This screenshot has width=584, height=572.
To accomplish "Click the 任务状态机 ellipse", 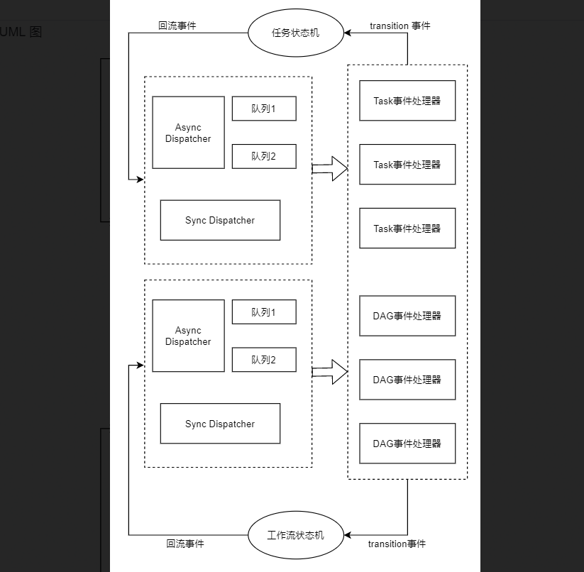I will coord(296,33).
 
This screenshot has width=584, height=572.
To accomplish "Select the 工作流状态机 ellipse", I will coord(296,534).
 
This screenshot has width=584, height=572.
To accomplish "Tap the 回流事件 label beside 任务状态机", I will coord(177,26).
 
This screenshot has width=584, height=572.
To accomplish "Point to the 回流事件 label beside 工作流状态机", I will coord(184,544).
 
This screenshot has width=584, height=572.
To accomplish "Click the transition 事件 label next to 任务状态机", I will coord(400,26).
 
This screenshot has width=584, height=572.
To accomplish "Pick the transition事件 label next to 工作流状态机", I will coord(397,544).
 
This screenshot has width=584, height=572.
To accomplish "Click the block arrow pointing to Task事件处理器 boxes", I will coord(330,169).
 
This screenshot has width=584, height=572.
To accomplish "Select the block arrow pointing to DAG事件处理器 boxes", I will coord(330,372).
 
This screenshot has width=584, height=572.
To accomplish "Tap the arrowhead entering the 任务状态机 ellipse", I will coord(348,33).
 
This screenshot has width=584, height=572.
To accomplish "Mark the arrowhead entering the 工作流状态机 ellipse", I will coord(348,534).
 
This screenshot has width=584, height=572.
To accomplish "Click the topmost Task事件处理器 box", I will coord(407,101).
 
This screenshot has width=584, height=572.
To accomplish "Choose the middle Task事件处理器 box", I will coord(407,165).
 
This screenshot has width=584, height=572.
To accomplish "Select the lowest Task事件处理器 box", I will coord(407,229).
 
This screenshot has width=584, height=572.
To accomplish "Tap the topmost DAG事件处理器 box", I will coord(407,316).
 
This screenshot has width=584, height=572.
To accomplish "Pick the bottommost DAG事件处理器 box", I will coord(407,444).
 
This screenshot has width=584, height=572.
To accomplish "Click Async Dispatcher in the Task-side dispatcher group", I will coord(188,133).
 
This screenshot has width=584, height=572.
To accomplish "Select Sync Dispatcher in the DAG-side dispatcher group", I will coord(220,424).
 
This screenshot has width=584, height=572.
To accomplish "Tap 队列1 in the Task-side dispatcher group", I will coord(263,109).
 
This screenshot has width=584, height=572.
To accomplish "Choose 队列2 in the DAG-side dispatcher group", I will coord(263,360).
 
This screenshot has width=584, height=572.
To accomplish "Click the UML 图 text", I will coord(21,32).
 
